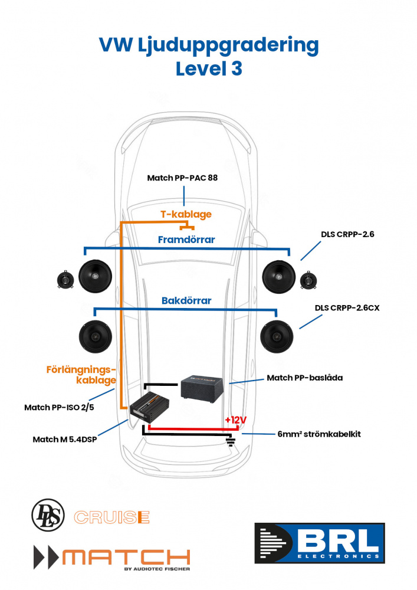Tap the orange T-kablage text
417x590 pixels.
(186, 214)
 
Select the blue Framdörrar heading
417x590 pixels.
(186, 240)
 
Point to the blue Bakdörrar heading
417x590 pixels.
(186, 300)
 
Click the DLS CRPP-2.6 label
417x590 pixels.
(347, 234)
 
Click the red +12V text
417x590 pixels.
(235, 419)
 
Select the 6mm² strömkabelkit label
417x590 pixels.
(319, 434)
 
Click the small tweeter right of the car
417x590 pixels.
(308, 280)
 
